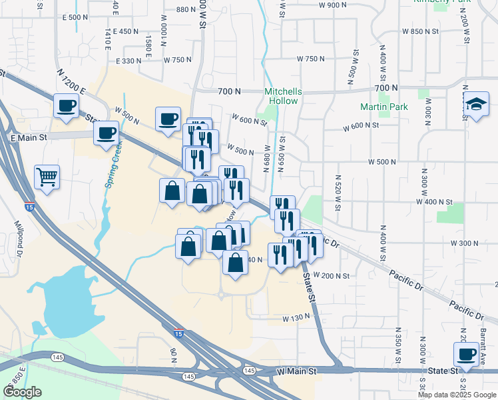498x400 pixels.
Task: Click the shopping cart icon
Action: point(47,177)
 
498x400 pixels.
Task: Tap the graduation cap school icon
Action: point(476,105)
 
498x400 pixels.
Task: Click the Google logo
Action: point(23,391)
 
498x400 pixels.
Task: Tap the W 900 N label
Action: point(333,5)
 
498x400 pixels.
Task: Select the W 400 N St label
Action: point(433,201)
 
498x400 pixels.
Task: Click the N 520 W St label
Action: point(338,193)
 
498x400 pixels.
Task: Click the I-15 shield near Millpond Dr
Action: point(29,206)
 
